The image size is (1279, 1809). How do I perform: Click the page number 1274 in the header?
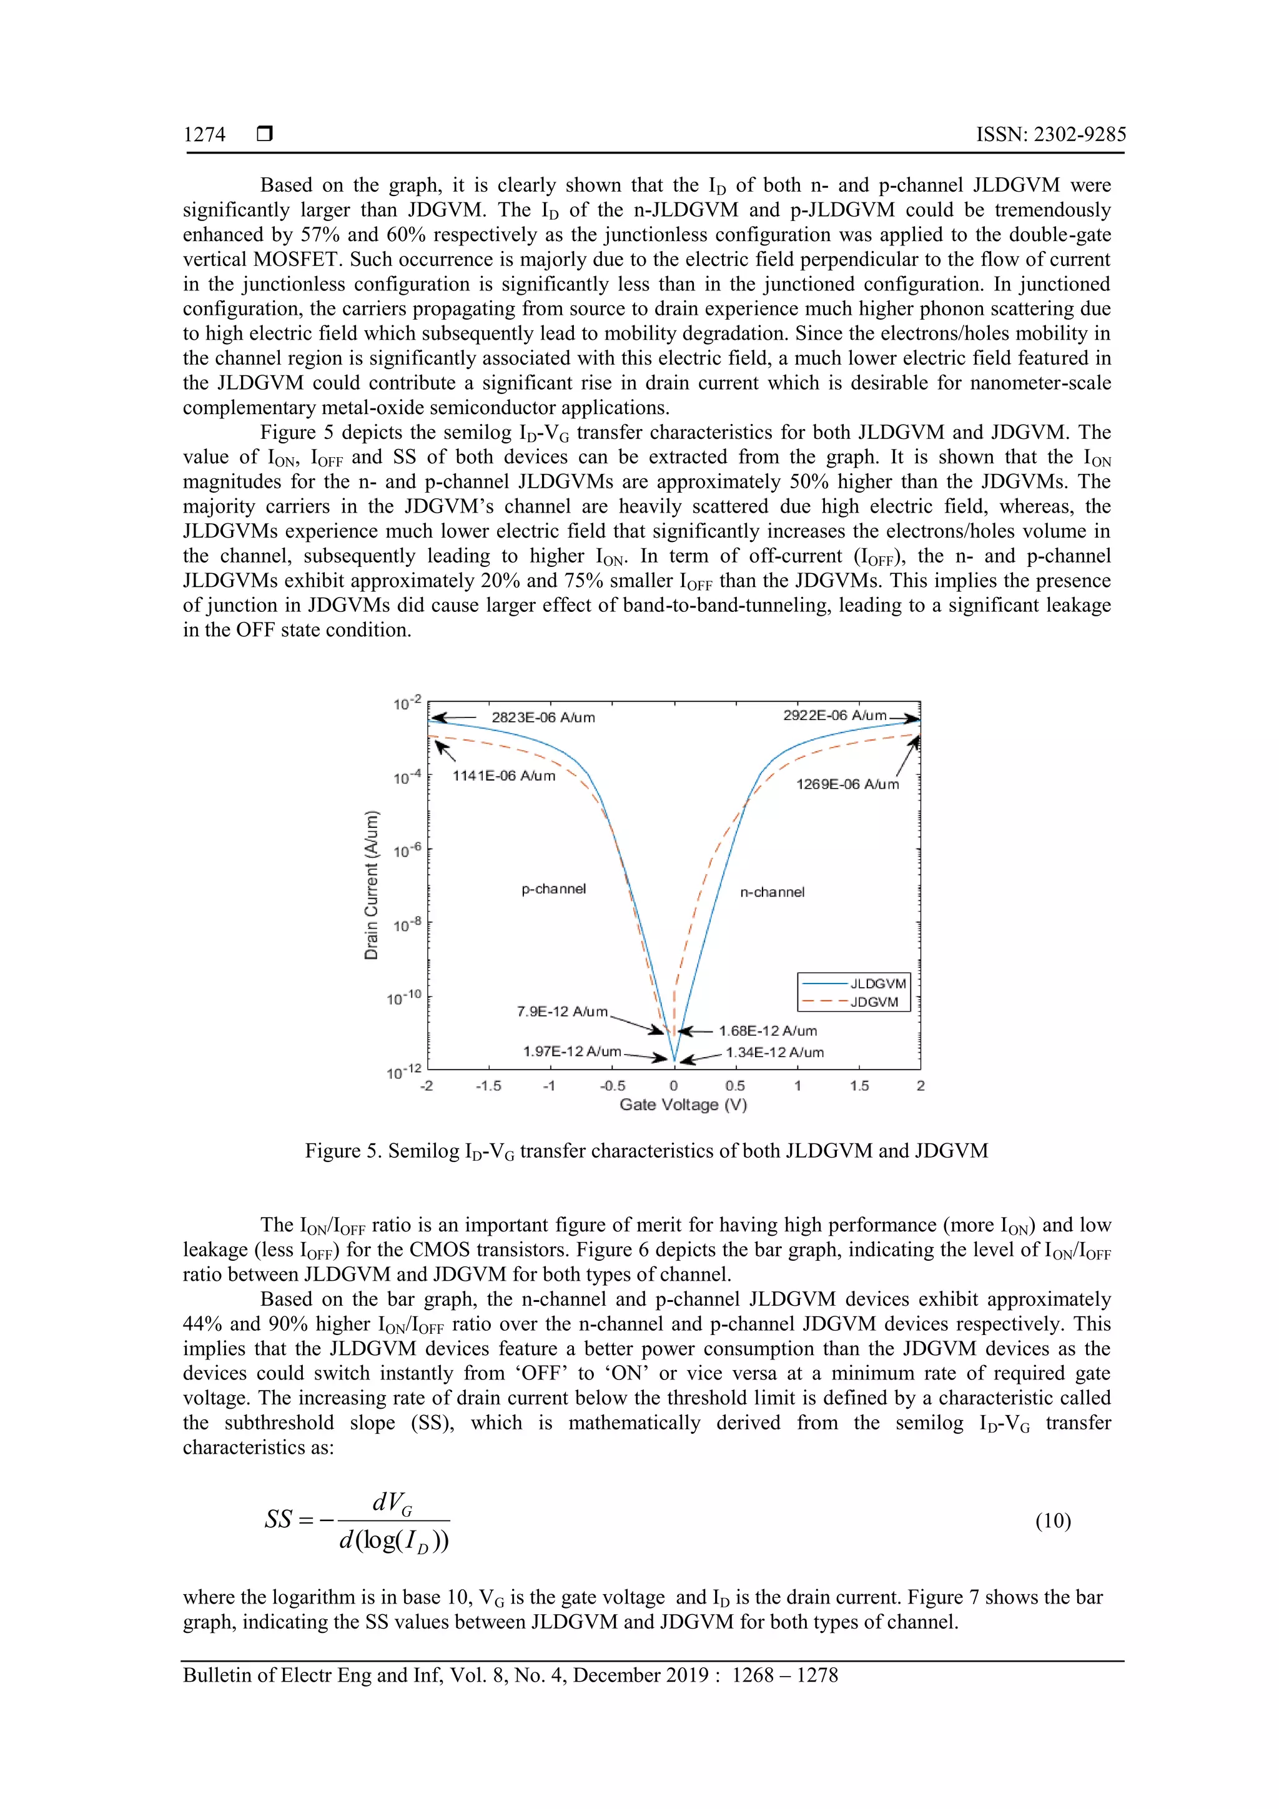pyautogui.click(x=204, y=135)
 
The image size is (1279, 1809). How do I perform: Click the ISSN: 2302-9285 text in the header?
pyautogui.click(x=1050, y=135)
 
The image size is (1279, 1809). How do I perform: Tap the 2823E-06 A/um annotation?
pyautogui.click(x=543, y=717)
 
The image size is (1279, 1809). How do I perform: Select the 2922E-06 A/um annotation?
pyautogui.click(x=834, y=716)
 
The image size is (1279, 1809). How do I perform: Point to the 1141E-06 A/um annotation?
pyautogui.click(x=503, y=776)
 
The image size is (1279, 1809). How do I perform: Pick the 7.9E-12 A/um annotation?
pyautogui.click(x=562, y=1012)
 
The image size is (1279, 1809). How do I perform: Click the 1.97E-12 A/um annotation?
pyautogui.click(x=572, y=1052)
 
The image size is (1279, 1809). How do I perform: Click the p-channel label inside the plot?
pyautogui.click(x=554, y=889)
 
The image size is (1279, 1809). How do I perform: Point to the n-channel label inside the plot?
pyautogui.click(x=773, y=892)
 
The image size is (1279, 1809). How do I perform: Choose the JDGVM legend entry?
pyautogui.click(x=874, y=1002)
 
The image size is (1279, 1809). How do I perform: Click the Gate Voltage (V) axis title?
pyautogui.click(x=683, y=1105)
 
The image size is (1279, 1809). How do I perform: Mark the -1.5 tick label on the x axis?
pyautogui.click(x=488, y=1086)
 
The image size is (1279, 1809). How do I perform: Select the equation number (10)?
pyautogui.click(x=1053, y=1520)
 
